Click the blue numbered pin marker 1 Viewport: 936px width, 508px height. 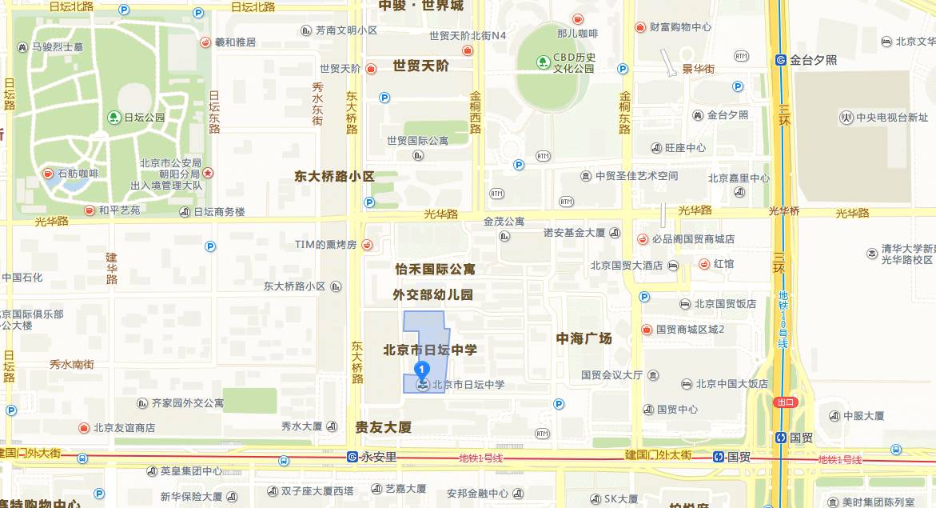pos(421,370)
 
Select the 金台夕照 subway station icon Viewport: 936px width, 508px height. pos(781,60)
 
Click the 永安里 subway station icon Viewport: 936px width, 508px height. pos(352,458)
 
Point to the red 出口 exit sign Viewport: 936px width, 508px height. pos(786,402)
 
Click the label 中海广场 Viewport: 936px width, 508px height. pos(584,338)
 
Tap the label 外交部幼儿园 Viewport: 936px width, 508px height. pos(432,294)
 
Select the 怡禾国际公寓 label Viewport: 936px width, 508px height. pos(435,269)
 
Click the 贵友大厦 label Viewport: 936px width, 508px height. pos(383,427)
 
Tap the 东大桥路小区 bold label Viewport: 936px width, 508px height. pos(334,176)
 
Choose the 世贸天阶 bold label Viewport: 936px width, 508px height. pos(420,66)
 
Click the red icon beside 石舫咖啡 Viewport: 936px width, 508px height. pos(49,173)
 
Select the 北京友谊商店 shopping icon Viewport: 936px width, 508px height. pos(84,427)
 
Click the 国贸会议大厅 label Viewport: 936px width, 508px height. pos(611,374)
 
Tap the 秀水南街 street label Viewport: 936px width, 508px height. pos(71,364)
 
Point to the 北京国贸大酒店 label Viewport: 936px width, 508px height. pos(627,265)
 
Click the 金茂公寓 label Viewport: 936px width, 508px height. pos(504,222)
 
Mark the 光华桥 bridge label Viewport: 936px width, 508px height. pos(783,211)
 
